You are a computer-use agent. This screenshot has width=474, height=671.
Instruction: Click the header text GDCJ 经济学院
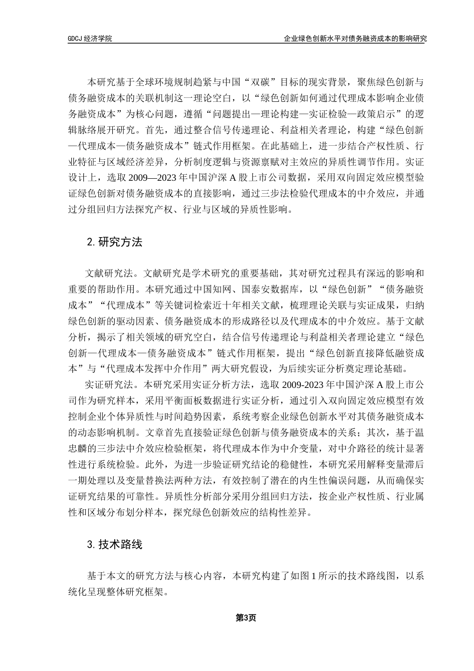[x=90, y=38]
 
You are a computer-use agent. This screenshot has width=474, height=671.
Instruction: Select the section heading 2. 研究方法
[x=114, y=242]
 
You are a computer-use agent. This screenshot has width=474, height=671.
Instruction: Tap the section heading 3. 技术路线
[x=114, y=544]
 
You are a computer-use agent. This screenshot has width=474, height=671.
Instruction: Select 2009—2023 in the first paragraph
[x=152, y=179]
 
